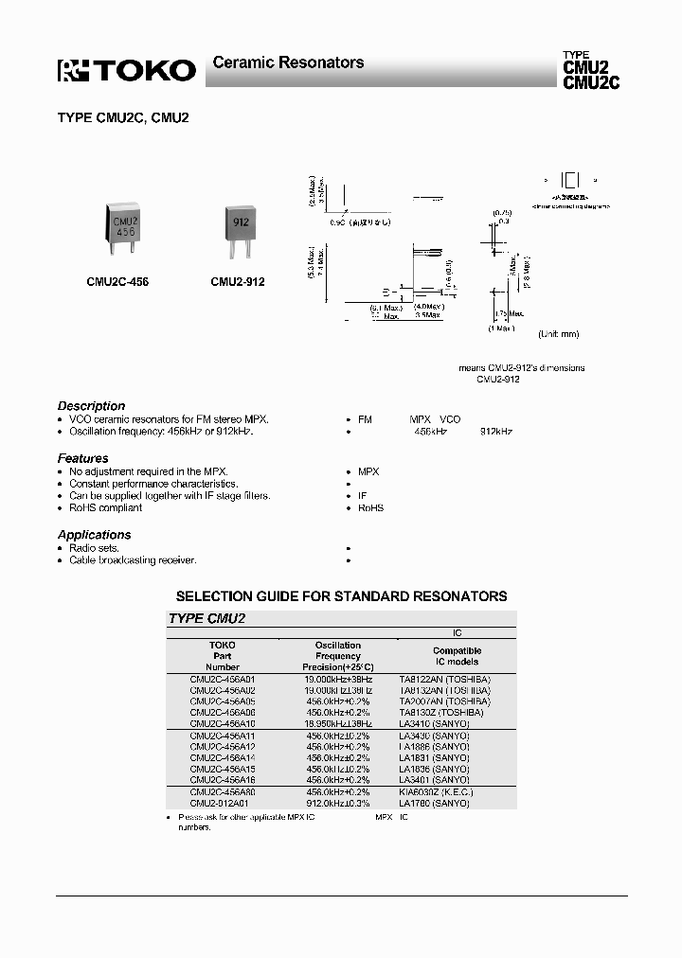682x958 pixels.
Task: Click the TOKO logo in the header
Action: pos(127,70)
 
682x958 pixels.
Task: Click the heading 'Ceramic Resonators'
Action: pos(288,62)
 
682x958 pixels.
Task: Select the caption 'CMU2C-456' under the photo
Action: pos(117,282)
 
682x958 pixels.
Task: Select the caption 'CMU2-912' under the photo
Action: pos(238,282)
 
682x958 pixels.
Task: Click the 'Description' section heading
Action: pos(91,406)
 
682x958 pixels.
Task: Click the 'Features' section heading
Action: pos(82,458)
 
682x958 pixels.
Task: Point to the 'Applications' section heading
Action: pos(94,535)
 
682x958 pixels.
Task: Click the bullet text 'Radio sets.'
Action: pos(94,548)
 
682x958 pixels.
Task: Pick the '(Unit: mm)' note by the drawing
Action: pos(558,334)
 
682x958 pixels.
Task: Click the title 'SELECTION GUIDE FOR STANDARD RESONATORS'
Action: pos(341,596)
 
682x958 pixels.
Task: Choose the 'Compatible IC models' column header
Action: pos(457,656)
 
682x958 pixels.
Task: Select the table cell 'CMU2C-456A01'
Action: pos(223,680)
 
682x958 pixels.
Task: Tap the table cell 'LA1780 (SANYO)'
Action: pos(435,803)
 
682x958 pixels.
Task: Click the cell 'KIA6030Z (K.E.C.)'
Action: pos(436,791)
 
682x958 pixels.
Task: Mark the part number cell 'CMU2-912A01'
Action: pos(223,803)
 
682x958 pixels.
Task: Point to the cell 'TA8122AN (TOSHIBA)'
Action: pos(444,680)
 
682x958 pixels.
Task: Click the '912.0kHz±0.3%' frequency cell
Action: pos(337,803)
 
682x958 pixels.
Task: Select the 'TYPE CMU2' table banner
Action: pos(207,618)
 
